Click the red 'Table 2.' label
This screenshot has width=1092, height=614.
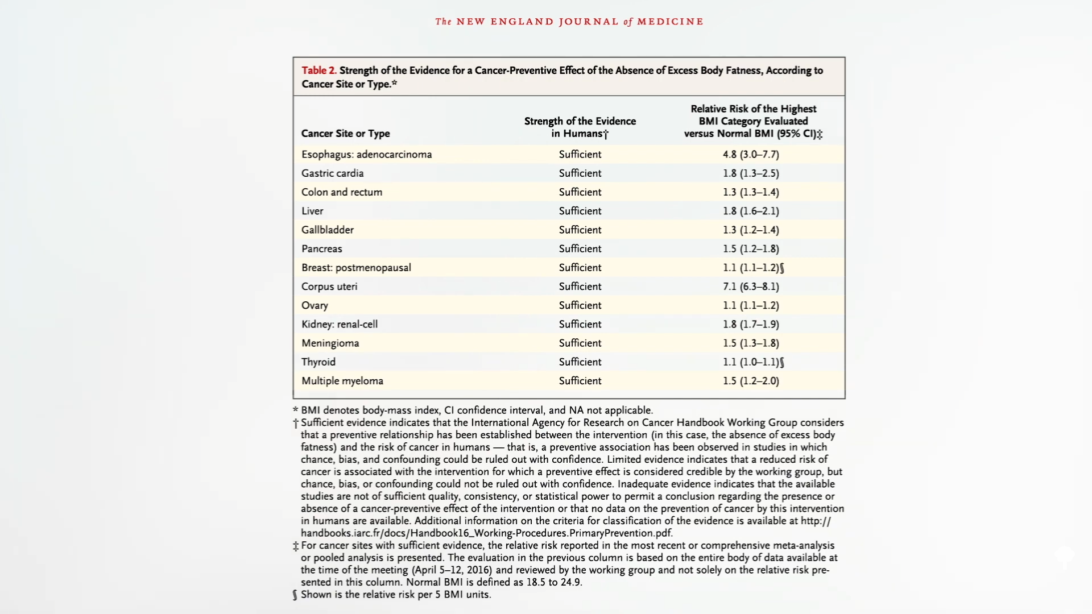318,70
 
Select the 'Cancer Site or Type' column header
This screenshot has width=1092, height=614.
345,134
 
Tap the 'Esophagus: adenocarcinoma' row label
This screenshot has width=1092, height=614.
366,155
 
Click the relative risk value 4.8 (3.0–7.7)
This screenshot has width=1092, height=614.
751,155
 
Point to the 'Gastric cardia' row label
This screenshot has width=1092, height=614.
332,173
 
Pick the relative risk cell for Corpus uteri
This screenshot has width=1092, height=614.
751,287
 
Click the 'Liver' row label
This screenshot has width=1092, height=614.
312,211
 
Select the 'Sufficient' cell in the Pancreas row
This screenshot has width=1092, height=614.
580,249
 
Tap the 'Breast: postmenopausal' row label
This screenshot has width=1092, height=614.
356,268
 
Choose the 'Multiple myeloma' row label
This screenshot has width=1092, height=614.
342,381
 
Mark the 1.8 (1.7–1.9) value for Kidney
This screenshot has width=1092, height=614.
751,325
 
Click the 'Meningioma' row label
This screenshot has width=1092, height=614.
330,343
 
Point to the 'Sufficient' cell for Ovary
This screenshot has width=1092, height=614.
580,306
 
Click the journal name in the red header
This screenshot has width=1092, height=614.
569,22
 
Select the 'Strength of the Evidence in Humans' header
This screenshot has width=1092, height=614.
580,127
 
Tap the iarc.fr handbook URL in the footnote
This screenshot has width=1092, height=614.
486,533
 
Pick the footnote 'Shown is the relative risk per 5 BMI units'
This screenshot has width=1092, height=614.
395,595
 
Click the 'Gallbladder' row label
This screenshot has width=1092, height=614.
327,230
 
